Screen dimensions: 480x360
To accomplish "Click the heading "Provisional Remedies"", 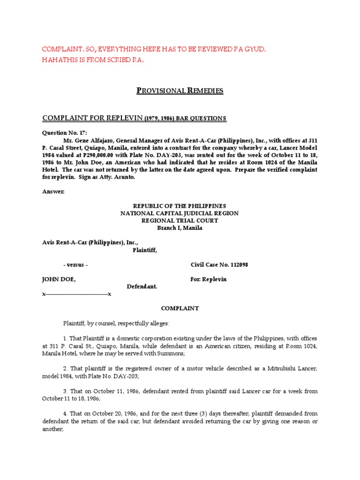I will point(180,90).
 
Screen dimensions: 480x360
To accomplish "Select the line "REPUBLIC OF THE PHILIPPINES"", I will point(180,206).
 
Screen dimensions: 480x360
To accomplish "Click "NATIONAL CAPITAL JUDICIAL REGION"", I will point(180,213).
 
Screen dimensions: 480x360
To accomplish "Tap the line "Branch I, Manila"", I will point(180,228).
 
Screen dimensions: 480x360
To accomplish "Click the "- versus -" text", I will point(75,265).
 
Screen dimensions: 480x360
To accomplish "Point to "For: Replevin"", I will point(208,279).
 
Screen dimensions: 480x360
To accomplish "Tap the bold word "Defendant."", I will point(142,286).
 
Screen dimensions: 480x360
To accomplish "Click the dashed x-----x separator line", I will point(77,294).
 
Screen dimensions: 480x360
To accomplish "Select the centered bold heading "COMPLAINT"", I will point(180,308).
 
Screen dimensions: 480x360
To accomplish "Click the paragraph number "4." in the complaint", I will point(66,413).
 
